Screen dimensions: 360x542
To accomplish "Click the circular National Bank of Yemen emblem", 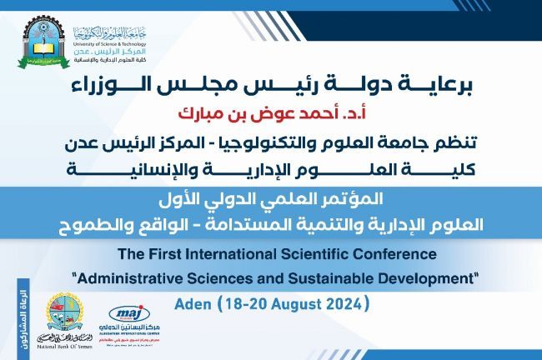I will tap(63, 309).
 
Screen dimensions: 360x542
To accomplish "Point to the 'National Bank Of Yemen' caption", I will tap(63, 347).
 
